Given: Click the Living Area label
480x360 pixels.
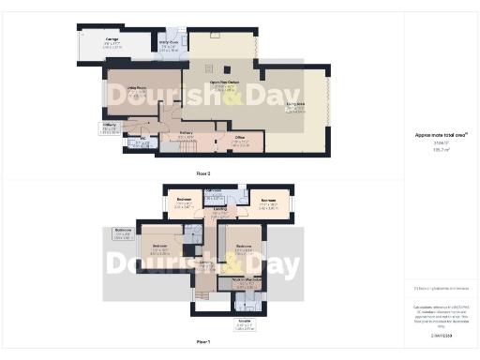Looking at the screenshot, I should coord(295,108).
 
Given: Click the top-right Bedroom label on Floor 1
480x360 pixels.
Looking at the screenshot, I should coord(267,200).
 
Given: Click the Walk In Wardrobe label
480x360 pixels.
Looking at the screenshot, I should coord(241,284).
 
